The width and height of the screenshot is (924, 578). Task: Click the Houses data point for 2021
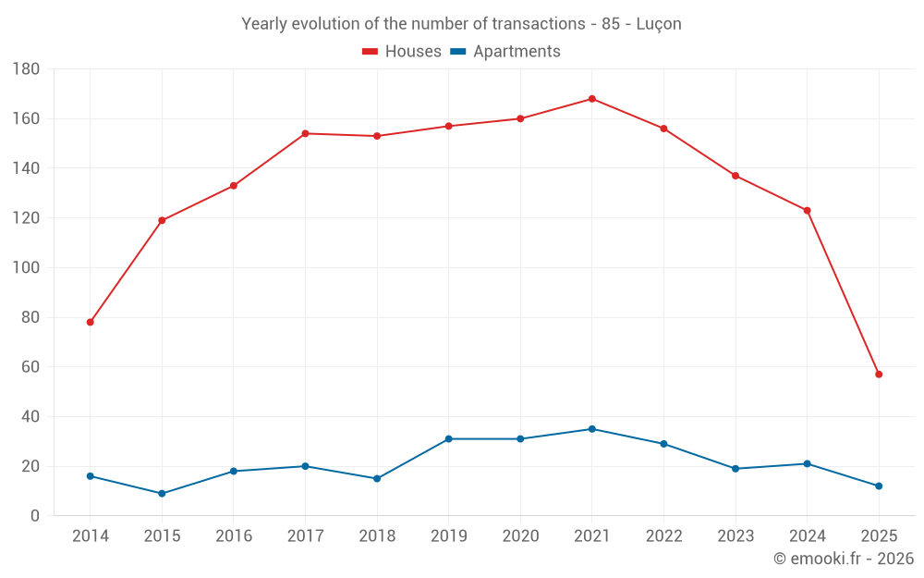pyautogui.click(x=592, y=99)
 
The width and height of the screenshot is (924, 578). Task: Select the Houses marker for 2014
pyautogui.click(x=91, y=322)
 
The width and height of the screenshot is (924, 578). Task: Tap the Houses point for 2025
pyautogui.click(x=879, y=375)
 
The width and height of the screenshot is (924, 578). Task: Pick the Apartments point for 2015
pyautogui.click(x=162, y=494)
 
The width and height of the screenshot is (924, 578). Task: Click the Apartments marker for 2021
pyautogui.click(x=592, y=429)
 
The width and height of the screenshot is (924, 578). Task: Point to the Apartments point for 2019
pyautogui.click(x=448, y=439)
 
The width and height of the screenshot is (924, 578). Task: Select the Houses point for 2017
pyautogui.click(x=305, y=133)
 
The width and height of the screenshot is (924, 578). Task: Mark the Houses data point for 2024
pyautogui.click(x=807, y=211)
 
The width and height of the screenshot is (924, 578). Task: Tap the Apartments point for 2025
pyautogui.click(x=879, y=486)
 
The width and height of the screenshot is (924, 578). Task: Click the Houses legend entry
pyautogui.click(x=402, y=52)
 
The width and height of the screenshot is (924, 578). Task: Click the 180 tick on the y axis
pyautogui.click(x=27, y=69)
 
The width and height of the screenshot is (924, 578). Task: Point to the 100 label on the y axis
pyautogui.click(x=27, y=268)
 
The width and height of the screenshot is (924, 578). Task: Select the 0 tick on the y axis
pyautogui.click(x=35, y=516)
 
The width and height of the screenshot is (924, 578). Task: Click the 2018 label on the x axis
pyautogui.click(x=377, y=536)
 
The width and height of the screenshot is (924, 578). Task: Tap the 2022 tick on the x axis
pyautogui.click(x=663, y=536)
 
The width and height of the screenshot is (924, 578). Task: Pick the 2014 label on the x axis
pyautogui.click(x=91, y=536)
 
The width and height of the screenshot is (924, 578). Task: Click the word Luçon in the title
pyautogui.click(x=659, y=24)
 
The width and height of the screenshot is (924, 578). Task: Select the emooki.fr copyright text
pyautogui.click(x=844, y=559)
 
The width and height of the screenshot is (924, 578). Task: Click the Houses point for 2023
pyautogui.click(x=736, y=176)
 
